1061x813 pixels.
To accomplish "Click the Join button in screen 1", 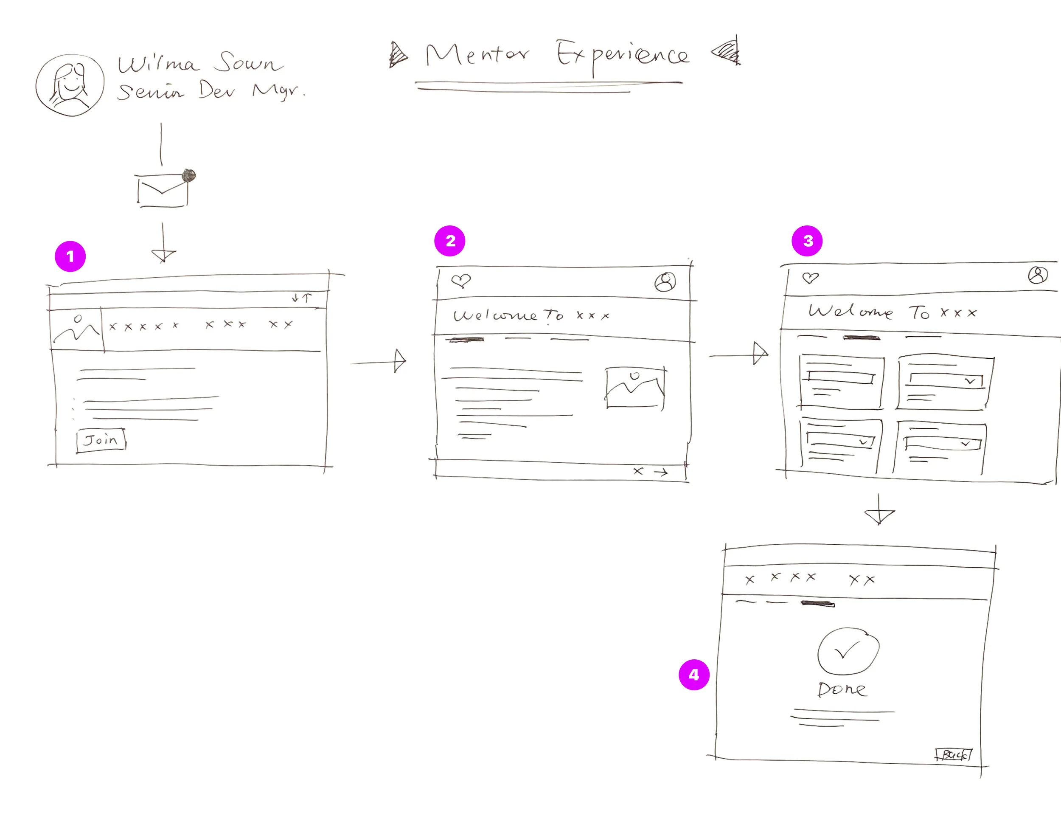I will (x=101, y=440).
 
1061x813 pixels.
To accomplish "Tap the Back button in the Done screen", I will (x=953, y=754).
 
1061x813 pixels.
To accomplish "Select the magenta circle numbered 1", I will (x=70, y=256).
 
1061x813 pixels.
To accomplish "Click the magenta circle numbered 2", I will (x=450, y=241).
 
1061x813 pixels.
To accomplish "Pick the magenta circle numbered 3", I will (x=807, y=241).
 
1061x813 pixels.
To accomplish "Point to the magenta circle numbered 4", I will (x=694, y=675).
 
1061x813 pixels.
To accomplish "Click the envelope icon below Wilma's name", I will (x=163, y=191).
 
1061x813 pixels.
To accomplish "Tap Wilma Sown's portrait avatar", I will (x=70, y=85).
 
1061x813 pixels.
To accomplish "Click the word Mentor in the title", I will (x=477, y=55).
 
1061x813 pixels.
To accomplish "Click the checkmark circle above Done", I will (x=848, y=651).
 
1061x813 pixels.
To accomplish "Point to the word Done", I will (x=842, y=689).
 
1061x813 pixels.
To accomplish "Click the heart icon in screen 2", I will (x=460, y=280).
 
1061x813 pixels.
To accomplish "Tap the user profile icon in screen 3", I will (x=1037, y=275).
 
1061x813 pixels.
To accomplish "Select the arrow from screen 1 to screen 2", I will (x=378, y=361).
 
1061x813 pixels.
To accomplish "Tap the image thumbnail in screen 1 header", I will (x=76, y=329).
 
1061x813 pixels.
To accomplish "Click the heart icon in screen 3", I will (x=810, y=278).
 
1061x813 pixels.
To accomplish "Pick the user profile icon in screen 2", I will (x=665, y=281).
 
